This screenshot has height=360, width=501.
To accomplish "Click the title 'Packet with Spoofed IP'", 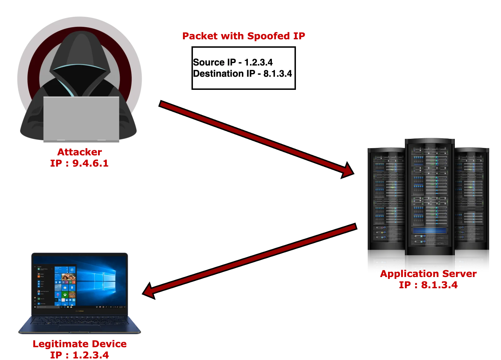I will click(244, 36).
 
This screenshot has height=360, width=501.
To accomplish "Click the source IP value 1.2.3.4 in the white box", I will click(258, 62).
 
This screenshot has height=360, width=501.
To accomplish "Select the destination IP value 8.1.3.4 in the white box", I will click(278, 74).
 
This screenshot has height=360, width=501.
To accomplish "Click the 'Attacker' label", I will click(80, 152).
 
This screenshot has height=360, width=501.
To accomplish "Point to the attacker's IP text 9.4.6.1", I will click(91, 163).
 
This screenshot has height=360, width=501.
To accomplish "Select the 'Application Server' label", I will click(428, 274).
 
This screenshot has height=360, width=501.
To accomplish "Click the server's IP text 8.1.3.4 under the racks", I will click(439, 285).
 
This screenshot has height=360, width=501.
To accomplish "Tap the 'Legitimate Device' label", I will click(80, 344).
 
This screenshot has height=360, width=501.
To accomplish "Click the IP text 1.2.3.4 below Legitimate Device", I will click(91, 355).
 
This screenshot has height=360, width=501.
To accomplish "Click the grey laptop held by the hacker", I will click(81, 119).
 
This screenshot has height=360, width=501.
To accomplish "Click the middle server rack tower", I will click(429, 203).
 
